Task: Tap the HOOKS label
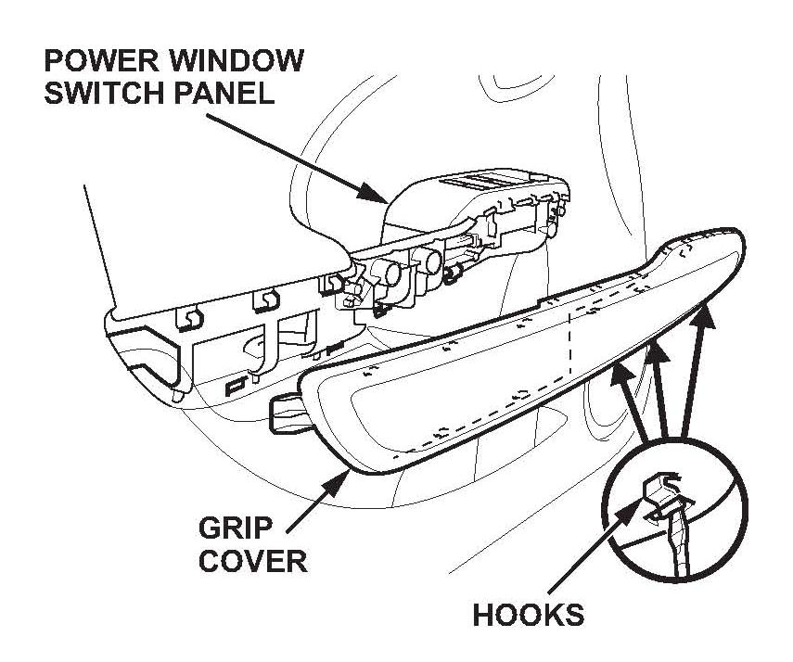tap(529, 615)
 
